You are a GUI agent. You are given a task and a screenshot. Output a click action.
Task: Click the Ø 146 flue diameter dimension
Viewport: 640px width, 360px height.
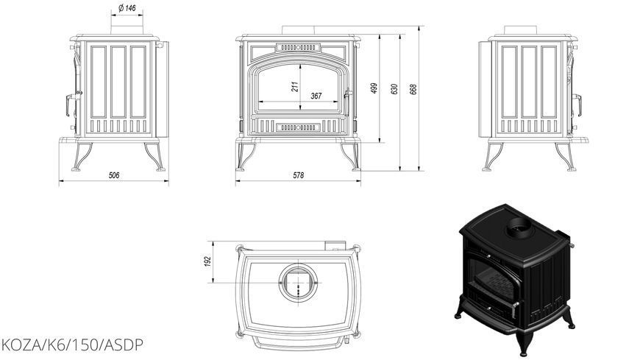127,8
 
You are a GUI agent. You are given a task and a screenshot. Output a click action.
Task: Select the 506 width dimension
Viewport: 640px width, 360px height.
114,175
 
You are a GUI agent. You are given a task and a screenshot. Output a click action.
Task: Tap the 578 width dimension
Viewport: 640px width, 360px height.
299,175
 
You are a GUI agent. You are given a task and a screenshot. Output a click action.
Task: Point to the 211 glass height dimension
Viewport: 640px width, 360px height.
295,86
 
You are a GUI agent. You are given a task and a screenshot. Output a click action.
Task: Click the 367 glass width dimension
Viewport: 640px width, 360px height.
316,96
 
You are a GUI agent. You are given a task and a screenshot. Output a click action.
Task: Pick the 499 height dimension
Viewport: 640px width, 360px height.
374,88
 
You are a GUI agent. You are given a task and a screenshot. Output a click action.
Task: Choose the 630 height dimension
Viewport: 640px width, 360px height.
394,90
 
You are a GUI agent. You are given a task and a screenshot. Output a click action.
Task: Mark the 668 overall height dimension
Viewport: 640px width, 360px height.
413,90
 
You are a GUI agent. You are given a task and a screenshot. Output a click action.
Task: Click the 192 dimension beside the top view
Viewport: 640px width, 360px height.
207,262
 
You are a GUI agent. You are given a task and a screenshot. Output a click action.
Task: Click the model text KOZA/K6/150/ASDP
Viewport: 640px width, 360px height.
72,345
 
